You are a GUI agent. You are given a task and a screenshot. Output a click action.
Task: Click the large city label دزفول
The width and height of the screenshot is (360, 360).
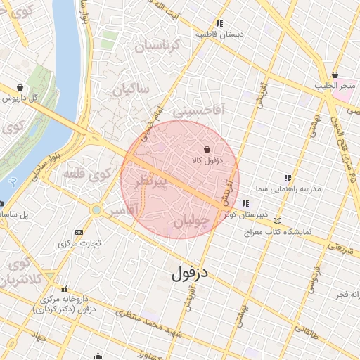(x=191, y=271)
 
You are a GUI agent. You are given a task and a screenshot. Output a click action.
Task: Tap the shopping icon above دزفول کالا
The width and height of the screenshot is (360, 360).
(x=207, y=150)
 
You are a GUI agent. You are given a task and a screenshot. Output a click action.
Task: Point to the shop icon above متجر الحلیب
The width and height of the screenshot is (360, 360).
(x=335, y=75)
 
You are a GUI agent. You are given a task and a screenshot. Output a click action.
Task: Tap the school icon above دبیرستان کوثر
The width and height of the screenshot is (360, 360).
(x=245, y=204)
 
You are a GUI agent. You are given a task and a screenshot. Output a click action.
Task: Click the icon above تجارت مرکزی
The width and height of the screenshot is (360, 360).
(x=78, y=232)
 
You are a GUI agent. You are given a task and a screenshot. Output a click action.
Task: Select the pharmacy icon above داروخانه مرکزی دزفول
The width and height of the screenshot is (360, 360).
(x=65, y=289)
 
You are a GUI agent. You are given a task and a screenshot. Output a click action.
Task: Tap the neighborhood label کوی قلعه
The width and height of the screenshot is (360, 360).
(x=87, y=172)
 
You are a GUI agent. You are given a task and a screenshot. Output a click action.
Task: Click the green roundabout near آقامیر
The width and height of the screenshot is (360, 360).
(x=96, y=210)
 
